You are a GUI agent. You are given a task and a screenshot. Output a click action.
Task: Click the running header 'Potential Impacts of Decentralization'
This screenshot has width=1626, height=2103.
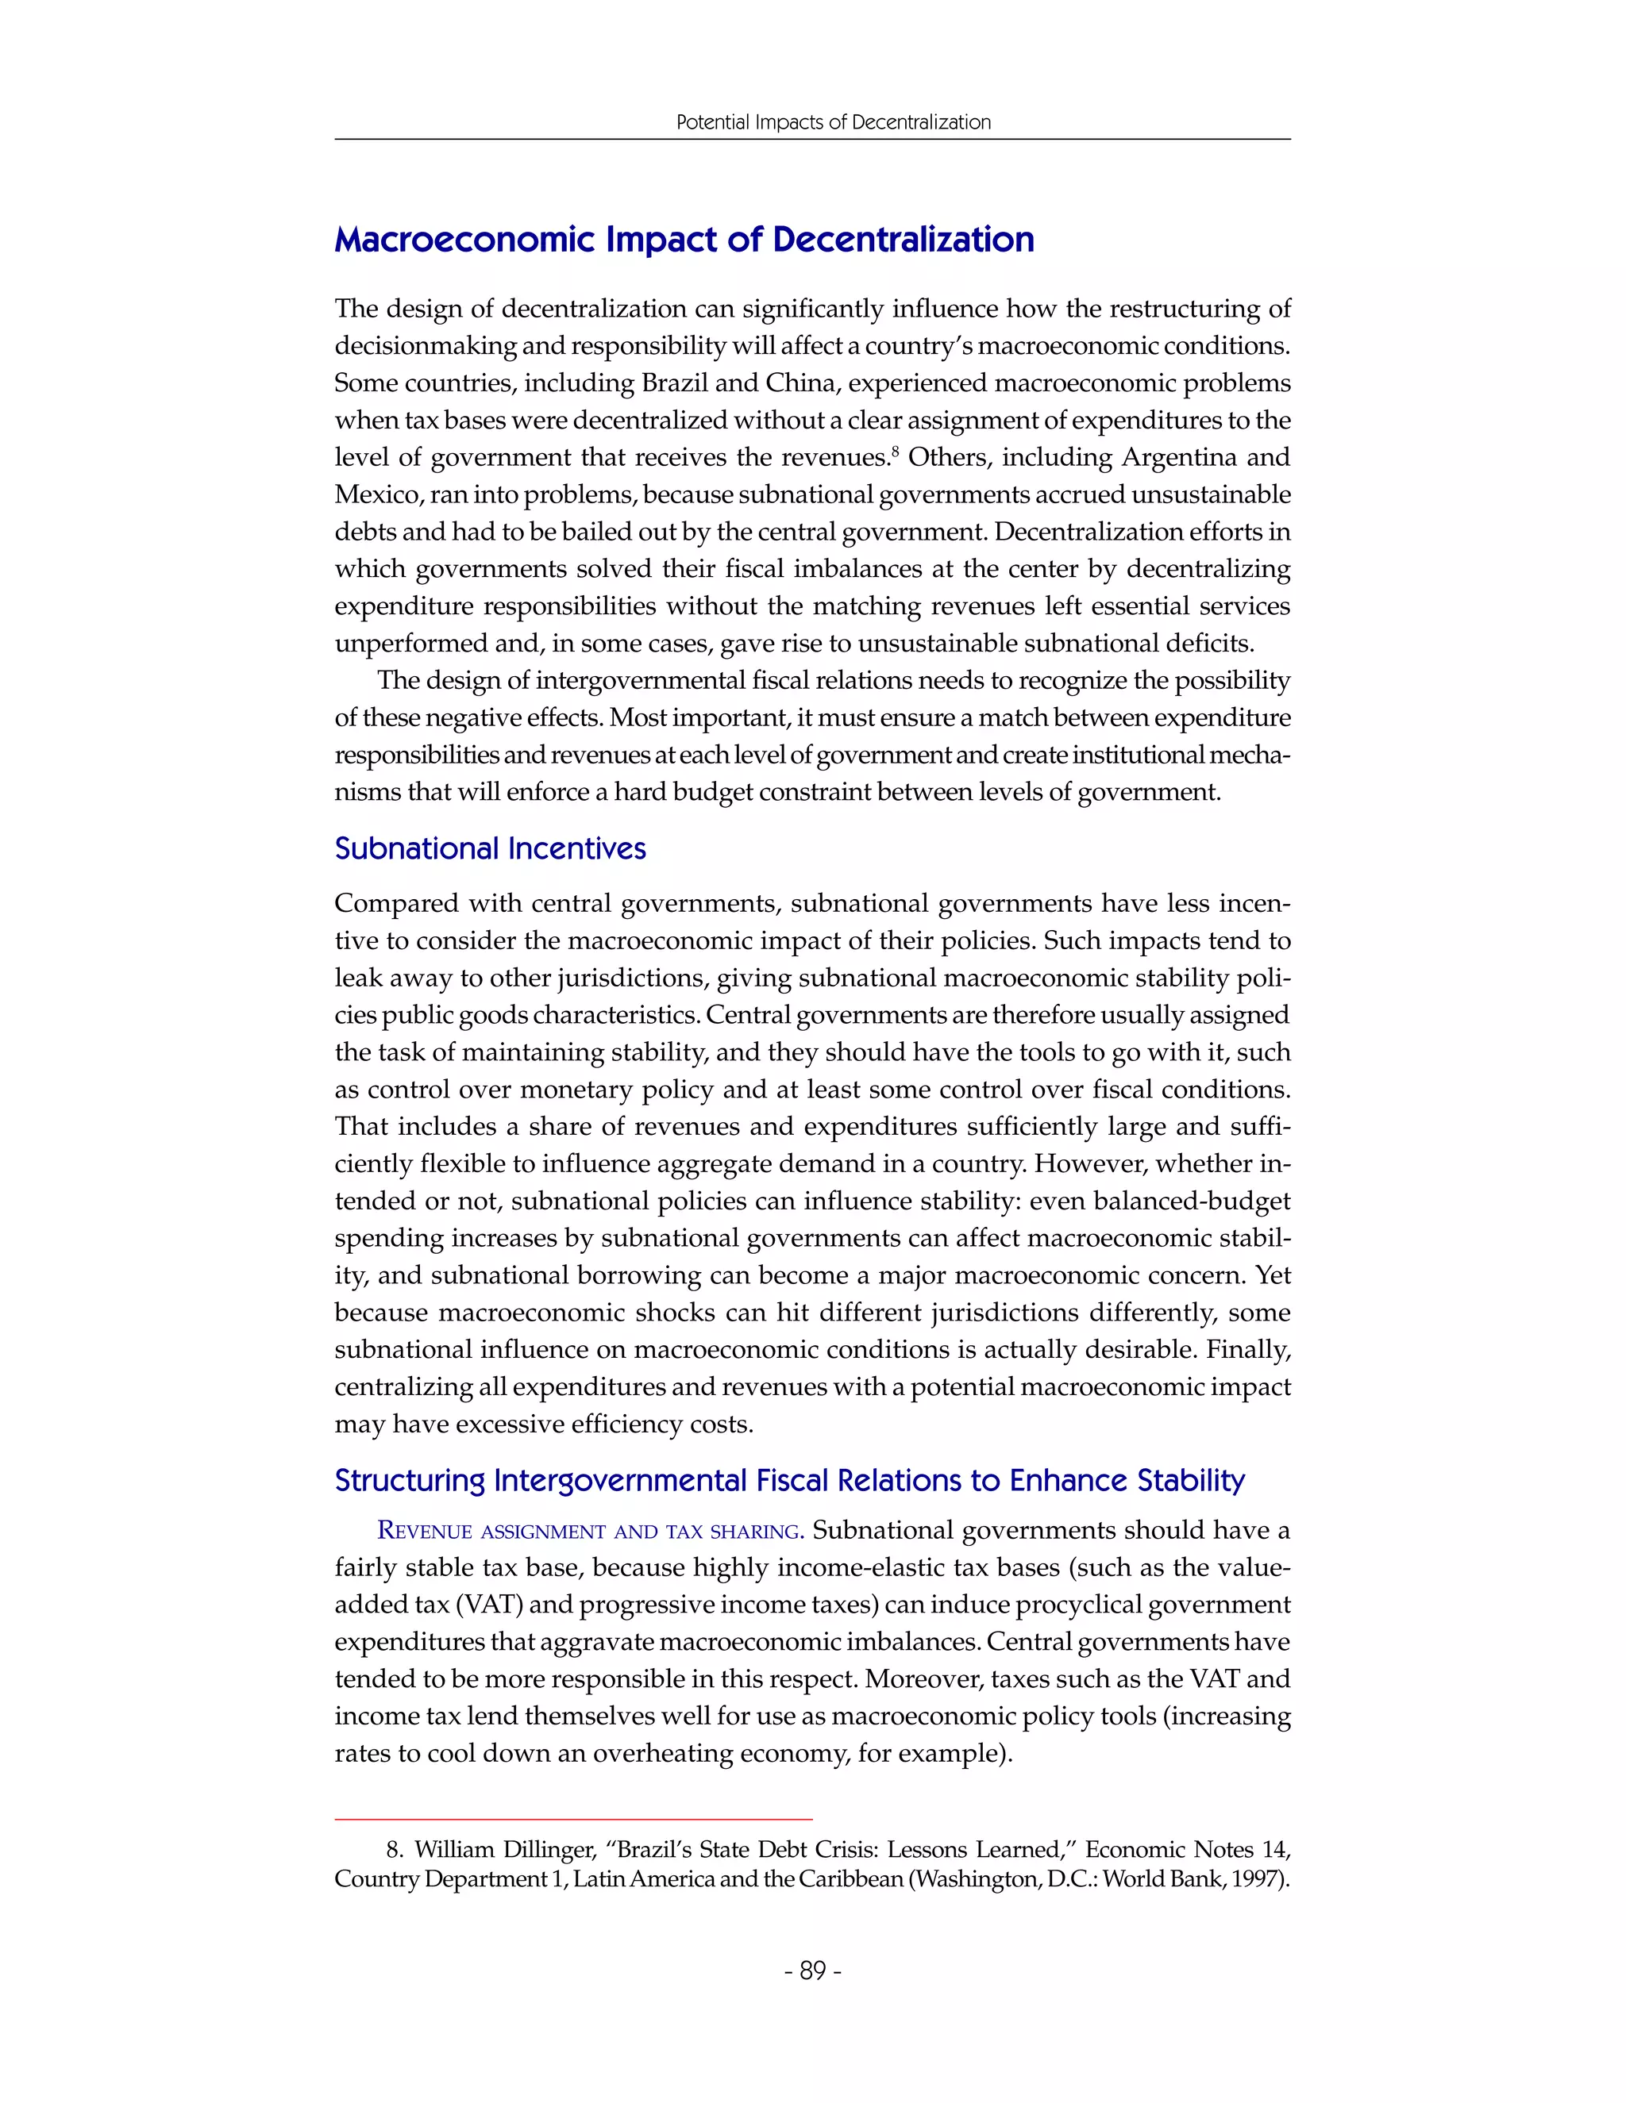(x=833, y=122)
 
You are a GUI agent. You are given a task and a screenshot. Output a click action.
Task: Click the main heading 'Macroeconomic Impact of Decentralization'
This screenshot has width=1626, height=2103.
(x=684, y=240)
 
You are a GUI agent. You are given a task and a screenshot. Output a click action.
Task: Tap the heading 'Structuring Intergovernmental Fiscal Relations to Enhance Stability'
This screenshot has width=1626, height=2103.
(x=789, y=1480)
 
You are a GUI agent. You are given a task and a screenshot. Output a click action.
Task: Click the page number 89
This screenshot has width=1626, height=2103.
(x=813, y=1971)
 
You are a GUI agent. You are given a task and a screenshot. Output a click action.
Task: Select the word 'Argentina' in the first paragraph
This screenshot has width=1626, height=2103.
(x=1162, y=457)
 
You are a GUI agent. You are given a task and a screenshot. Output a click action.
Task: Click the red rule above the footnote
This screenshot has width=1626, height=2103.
(x=573, y=1819)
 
